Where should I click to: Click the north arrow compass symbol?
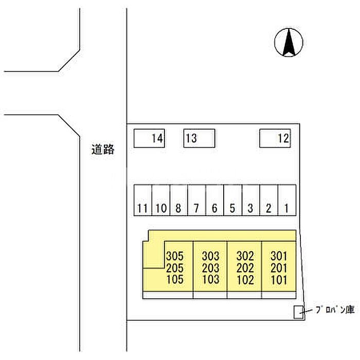288,43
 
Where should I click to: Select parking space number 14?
149,138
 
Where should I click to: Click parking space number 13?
199,138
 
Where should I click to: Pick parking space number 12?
275,138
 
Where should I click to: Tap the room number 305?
175,256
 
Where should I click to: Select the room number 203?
210,268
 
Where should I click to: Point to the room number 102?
245,280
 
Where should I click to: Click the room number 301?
279,256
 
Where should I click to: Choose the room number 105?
175,280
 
